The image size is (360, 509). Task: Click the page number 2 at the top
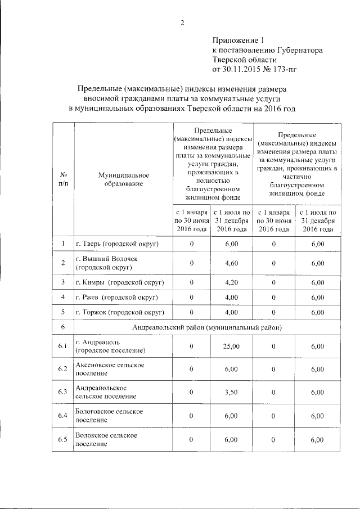click(182, 23)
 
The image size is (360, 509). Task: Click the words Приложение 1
click(237, 40)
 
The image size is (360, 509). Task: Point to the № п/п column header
click(64, 179)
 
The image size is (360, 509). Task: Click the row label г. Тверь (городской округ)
click(117, 244)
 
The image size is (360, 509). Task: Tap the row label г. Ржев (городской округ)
click(116, 297)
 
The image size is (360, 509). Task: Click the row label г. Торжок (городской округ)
click(119, 312)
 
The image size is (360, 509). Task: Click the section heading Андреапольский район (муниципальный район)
click(207, 327)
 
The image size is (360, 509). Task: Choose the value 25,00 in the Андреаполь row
click(231, 346)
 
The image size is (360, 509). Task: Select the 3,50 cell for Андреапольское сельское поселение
click(231, 393)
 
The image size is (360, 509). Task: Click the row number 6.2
click(64, 370)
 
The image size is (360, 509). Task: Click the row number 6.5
click(64, 440)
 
